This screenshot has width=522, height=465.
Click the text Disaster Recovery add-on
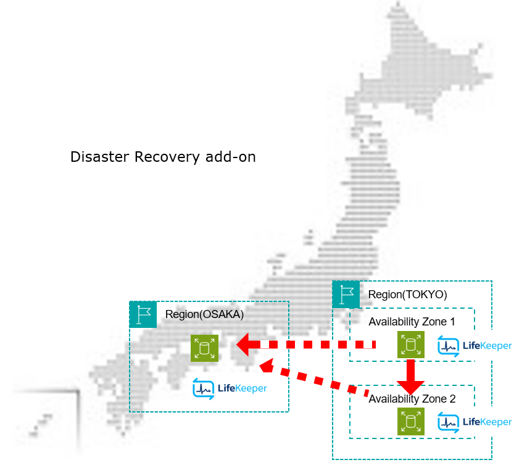tap(163, 157)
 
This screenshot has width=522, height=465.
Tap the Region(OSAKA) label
tap(204, 314)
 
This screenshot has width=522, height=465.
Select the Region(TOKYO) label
tap(407, 295)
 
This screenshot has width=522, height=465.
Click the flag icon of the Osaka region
tap(144, 314)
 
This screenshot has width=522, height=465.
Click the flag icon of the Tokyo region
tap(346, 294)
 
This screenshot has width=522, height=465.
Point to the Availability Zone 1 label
tap(412, 322)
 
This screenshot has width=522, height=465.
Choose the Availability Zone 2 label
tap(412, 399)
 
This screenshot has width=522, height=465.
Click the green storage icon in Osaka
tap(205, 348)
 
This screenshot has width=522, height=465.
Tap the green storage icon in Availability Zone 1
tap(410, 345)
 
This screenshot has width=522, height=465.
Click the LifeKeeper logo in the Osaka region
tap(230, 388)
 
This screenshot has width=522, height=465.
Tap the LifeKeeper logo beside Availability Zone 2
tap(474, 422)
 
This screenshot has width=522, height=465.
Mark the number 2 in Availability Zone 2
tap(452, 399)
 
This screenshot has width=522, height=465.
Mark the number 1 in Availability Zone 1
tap(452, 322)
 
